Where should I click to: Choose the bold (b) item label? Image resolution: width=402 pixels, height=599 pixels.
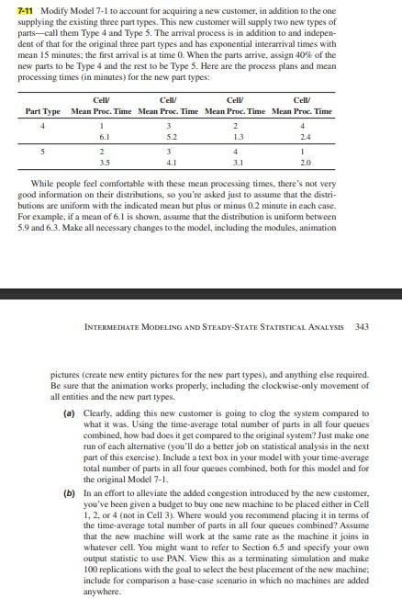[69, 492]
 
